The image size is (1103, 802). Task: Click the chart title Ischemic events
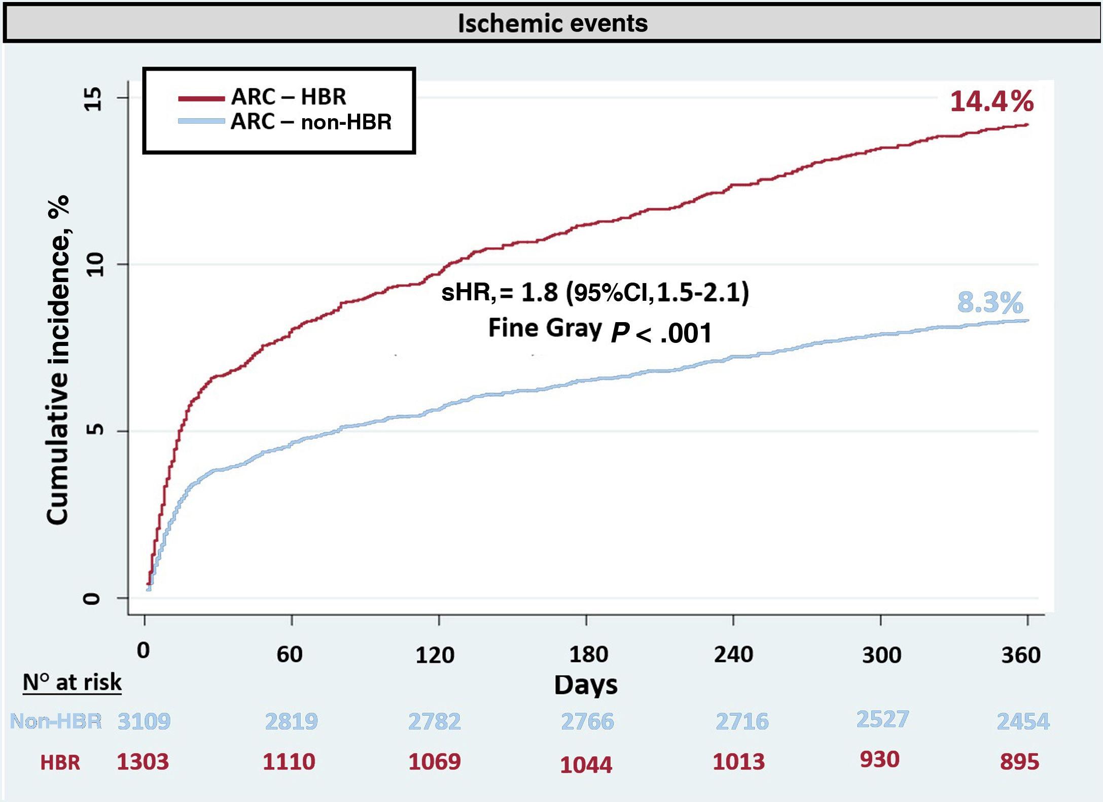(552, 23)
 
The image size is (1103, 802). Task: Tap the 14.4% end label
(991, 101)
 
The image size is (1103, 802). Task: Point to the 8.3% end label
(989, 303)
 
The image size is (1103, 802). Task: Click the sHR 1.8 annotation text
(595, 293)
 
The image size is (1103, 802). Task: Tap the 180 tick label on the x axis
(588, 655)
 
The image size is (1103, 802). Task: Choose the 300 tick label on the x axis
(881, 655)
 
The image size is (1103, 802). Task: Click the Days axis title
(585, 685)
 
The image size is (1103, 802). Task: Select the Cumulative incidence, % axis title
(58, 360)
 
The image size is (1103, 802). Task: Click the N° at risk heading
(72, 682)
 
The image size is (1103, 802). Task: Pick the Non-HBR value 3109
(144, 721)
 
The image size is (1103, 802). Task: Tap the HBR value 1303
(143, 761)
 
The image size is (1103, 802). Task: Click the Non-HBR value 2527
(882, 719)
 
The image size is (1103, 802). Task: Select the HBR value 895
(1019, 761)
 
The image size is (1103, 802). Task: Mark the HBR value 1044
(586, 764)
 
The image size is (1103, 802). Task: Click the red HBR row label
(60, 762)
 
